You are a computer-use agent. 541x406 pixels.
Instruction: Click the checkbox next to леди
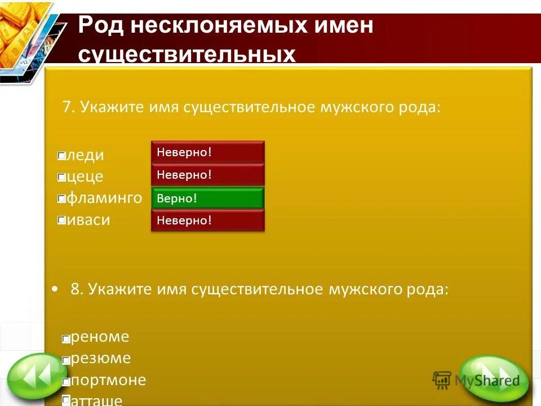(61, 156)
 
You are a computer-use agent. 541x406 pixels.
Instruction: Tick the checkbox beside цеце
(61, 178)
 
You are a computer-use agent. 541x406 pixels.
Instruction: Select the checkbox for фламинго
(61, 199)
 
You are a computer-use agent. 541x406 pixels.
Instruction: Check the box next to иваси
(61, 221)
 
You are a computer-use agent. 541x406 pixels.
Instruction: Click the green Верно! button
(207, 198)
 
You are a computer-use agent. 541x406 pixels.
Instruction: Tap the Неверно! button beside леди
(207, 152)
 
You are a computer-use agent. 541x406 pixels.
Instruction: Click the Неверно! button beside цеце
(207, 175)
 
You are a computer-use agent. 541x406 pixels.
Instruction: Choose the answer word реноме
(100, 337)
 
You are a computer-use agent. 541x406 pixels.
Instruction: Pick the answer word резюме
(101, 359)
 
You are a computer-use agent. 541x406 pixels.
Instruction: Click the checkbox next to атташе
(66, 400)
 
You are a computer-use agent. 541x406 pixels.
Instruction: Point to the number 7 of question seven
(66, 107)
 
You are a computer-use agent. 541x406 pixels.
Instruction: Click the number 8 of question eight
(75, 290)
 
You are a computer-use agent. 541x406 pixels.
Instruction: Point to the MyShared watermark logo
(476, 381)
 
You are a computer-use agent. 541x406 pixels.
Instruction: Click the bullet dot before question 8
(55, 289)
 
